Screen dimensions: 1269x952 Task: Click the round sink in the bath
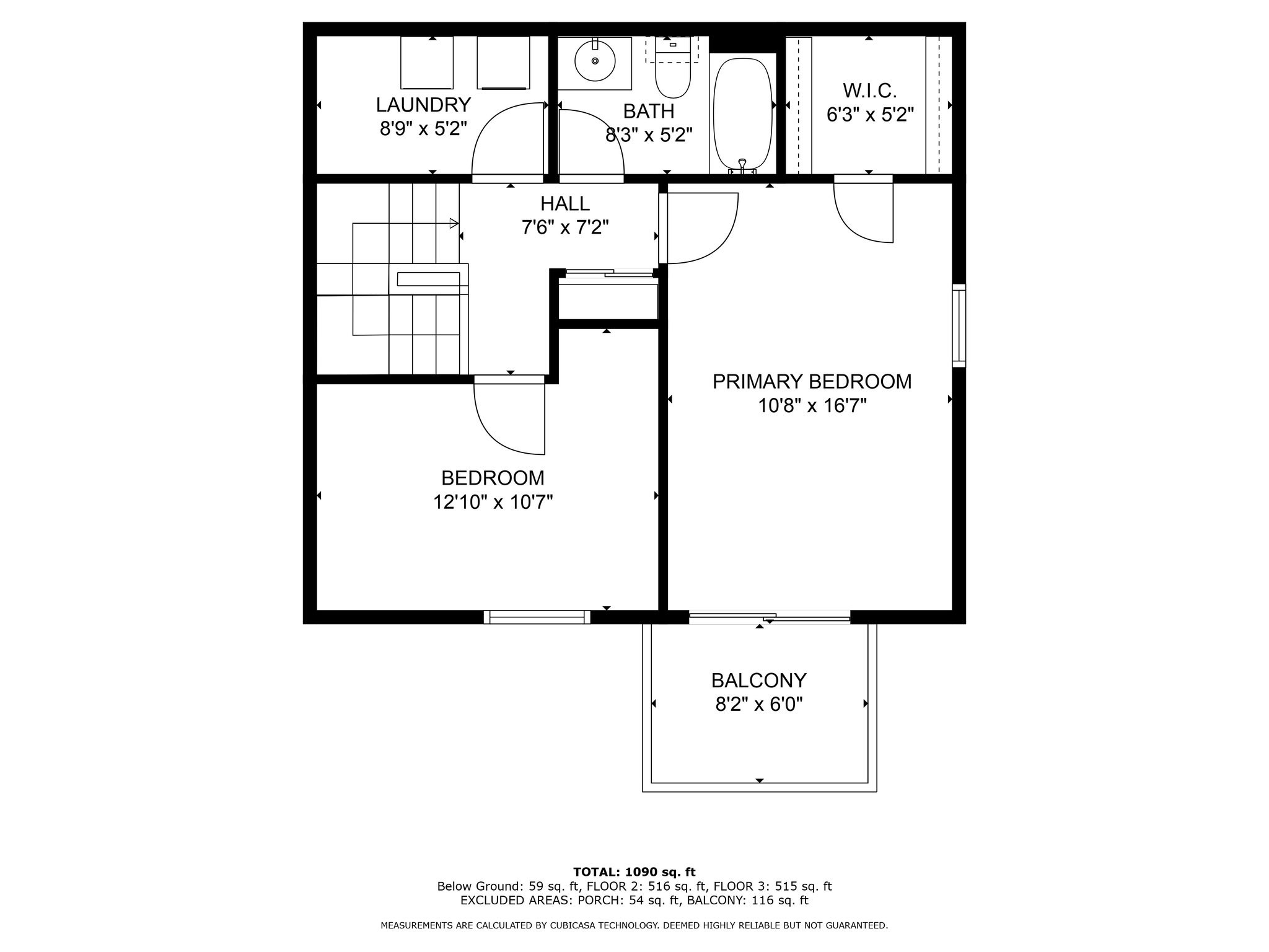tap(595, 61)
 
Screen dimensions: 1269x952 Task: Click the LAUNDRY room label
tap(423, 104)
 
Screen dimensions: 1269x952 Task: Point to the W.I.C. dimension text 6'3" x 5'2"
tap(870, 115)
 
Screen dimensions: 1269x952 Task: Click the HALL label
tap(565, 203)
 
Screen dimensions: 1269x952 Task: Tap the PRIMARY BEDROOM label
tap(812, 381)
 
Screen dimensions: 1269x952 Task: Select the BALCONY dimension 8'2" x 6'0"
tap(759, 705)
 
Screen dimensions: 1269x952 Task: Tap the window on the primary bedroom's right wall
tap(959, 325)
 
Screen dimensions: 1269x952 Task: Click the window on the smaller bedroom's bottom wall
tap(537, 617)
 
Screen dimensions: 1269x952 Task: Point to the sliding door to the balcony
tap(770, 617)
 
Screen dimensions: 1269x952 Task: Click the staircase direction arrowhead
tap(454, 223)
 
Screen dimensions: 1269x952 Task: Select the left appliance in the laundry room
tap(427, 63)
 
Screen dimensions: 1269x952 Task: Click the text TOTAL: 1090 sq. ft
tap(634, 872)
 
